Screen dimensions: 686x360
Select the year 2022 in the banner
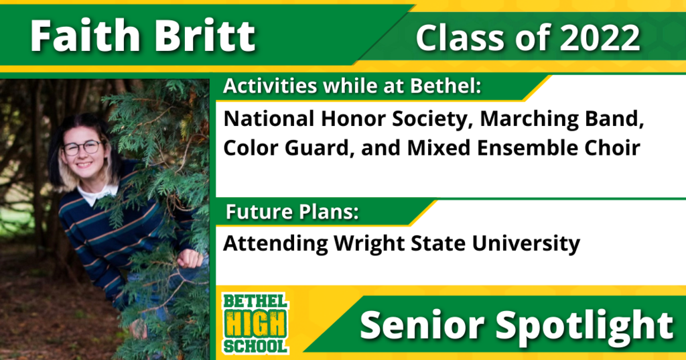point(600,38)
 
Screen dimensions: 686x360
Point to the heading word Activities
point(269,86)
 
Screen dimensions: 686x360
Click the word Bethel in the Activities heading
point(445,86)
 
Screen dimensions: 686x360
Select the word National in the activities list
point(269,119)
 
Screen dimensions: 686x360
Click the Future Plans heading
point(292,213)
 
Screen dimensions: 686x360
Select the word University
point(526,243)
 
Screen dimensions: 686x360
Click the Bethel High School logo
point(255,323)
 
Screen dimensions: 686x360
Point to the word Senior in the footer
point(422,325)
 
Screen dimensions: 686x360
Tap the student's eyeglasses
point(82,147)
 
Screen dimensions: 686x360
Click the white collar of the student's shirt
point(97,194)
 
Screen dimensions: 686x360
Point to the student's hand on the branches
point(190,258)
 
